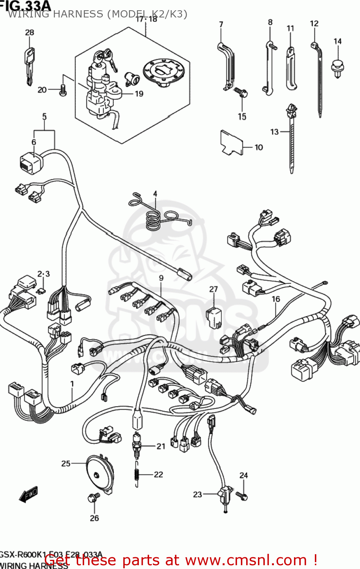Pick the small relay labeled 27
pyautogui.click(x=214, y=317)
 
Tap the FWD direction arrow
pyautogui.click(x=29, y=495)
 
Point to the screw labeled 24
pyautogui.click(x=242, y=495)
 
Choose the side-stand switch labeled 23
pyautogui.click(x=225, y=495)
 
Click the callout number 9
pyautogui.click(x=161, y=278)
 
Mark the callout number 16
pyautogui.click(x=276, y=299)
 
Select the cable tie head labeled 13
pyautogui.click(x=292, y=110)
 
